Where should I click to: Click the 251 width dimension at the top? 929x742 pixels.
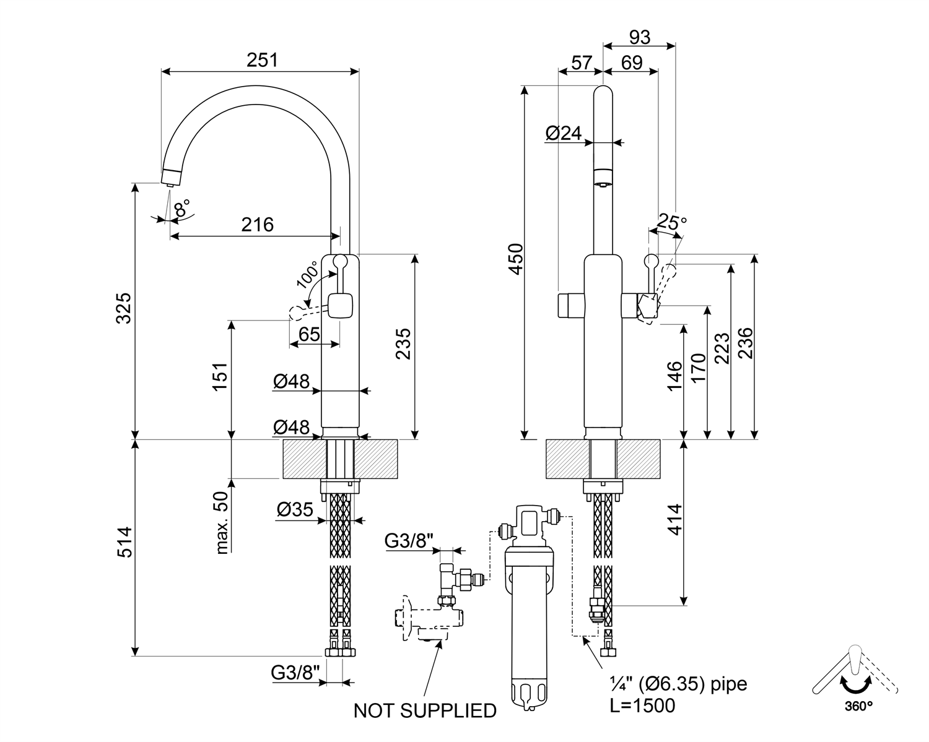[x=263, y=60]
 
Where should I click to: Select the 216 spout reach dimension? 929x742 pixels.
[x=257, y=224]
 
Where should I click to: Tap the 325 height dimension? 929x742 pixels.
[x=124, y=308]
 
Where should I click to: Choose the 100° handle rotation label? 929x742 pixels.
[x=308, y=274]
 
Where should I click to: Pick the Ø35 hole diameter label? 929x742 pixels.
[x=295, y=509]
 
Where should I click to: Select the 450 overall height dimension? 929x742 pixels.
[x=516, y=260]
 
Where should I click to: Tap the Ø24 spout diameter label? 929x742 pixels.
[x=564, y=132]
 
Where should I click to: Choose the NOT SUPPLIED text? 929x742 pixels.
[x=425, y=711]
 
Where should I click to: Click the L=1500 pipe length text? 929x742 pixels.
[x=642, y=705]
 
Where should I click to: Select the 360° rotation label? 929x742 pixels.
[x=858, y=705]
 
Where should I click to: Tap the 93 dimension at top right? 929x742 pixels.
[x=639, y=37]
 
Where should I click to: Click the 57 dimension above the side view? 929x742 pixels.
[x=580, y=62]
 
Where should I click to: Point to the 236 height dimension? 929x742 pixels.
[x=744, y=340]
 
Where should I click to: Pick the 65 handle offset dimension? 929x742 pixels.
[x=309, y=334]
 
